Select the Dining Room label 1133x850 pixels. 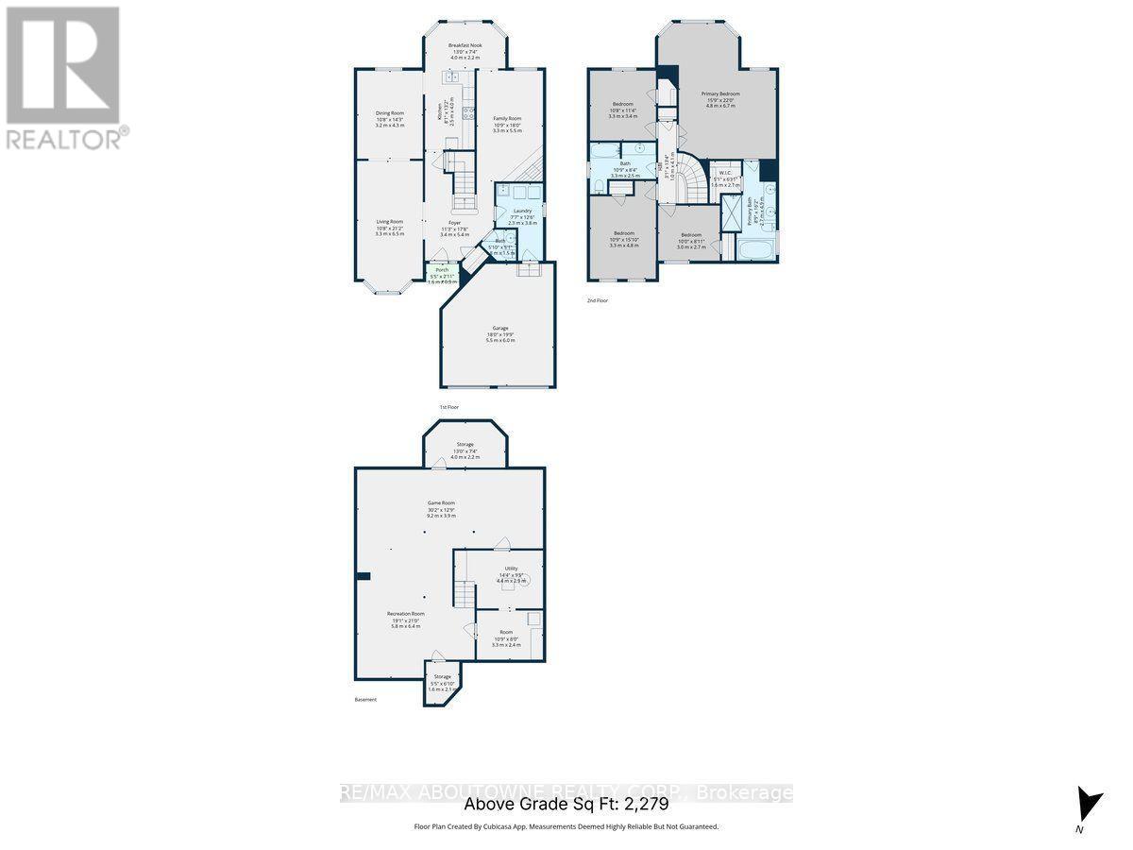390,113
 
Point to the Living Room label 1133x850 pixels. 390,222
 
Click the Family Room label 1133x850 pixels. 507,119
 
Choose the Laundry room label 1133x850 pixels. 522,212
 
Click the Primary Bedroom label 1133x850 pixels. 720,94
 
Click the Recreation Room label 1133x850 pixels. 405,614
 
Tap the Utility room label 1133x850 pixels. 511,569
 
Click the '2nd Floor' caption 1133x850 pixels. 597,299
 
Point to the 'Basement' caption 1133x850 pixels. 365,700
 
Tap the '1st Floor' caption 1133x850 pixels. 449,407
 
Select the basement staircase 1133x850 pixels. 463,594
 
